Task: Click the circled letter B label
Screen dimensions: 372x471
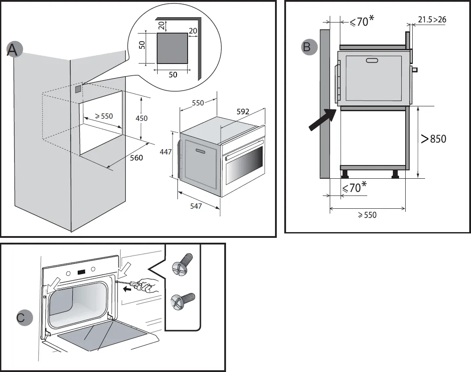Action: point(308,46)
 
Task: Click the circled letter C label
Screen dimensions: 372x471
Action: point(23,318)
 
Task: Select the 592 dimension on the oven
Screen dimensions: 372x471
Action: point(243,112)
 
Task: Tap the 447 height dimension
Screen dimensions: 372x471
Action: point(165,152)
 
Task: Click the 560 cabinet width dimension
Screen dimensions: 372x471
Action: point(136,158)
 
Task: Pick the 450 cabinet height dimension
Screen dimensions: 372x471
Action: point(141,118)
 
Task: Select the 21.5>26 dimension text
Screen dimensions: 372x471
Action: point(432,19)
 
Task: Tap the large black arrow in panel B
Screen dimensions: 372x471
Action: point(321,120)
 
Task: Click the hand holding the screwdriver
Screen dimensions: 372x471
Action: point(148,287)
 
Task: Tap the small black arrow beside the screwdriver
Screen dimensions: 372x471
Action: point(128,290)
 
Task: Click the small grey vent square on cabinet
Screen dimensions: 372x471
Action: point(78,89)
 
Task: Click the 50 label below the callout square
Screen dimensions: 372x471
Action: point(173,75)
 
